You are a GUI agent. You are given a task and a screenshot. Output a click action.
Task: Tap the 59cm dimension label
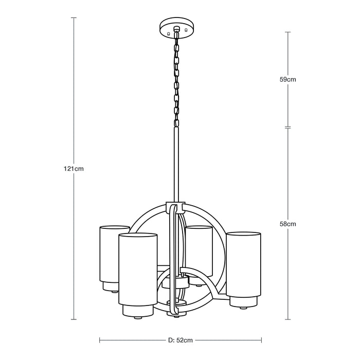[288, 80]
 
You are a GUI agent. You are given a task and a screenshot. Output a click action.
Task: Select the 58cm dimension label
[288, 224]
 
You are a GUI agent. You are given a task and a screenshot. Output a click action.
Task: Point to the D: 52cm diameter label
[180, 340]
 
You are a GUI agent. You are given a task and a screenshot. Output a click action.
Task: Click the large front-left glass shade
[137, 270]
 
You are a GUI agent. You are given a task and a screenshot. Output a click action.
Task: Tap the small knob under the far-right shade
[242, 307]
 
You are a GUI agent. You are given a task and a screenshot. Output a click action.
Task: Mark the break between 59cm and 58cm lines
[288, 127]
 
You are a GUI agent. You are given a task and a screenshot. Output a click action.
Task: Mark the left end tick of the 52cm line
[99, 340]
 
